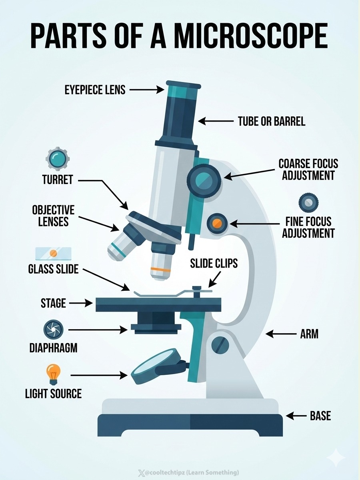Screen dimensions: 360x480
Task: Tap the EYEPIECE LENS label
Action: [x=95, y=90]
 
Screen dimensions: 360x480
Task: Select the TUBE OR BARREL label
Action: [x=272, y=121]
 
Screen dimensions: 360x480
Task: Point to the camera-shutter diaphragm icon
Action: [x=53, y=329]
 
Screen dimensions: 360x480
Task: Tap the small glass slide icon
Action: [x=53, y=253]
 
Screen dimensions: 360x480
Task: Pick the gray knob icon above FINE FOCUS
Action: [x=308, y=203]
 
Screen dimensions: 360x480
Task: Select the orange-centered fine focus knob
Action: [x=217, y=223]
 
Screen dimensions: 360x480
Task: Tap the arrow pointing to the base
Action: [x=296, y=416]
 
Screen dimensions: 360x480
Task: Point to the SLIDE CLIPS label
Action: [x=214, y=263]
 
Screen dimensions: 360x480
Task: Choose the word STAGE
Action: [x=53, y=303]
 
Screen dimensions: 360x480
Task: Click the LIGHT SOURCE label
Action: [x=53, y=394]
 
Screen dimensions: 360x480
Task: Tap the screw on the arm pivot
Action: [x=219, y=343]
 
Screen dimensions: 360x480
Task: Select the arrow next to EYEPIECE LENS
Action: [x=144, y=90]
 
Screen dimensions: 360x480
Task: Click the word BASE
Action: [x=320, y=416]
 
